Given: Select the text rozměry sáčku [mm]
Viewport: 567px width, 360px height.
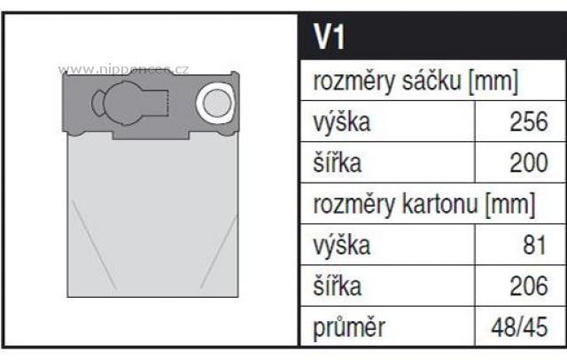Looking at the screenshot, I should click(x=416, y=83).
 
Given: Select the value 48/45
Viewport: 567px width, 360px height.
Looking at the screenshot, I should click(x=521, y=329).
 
